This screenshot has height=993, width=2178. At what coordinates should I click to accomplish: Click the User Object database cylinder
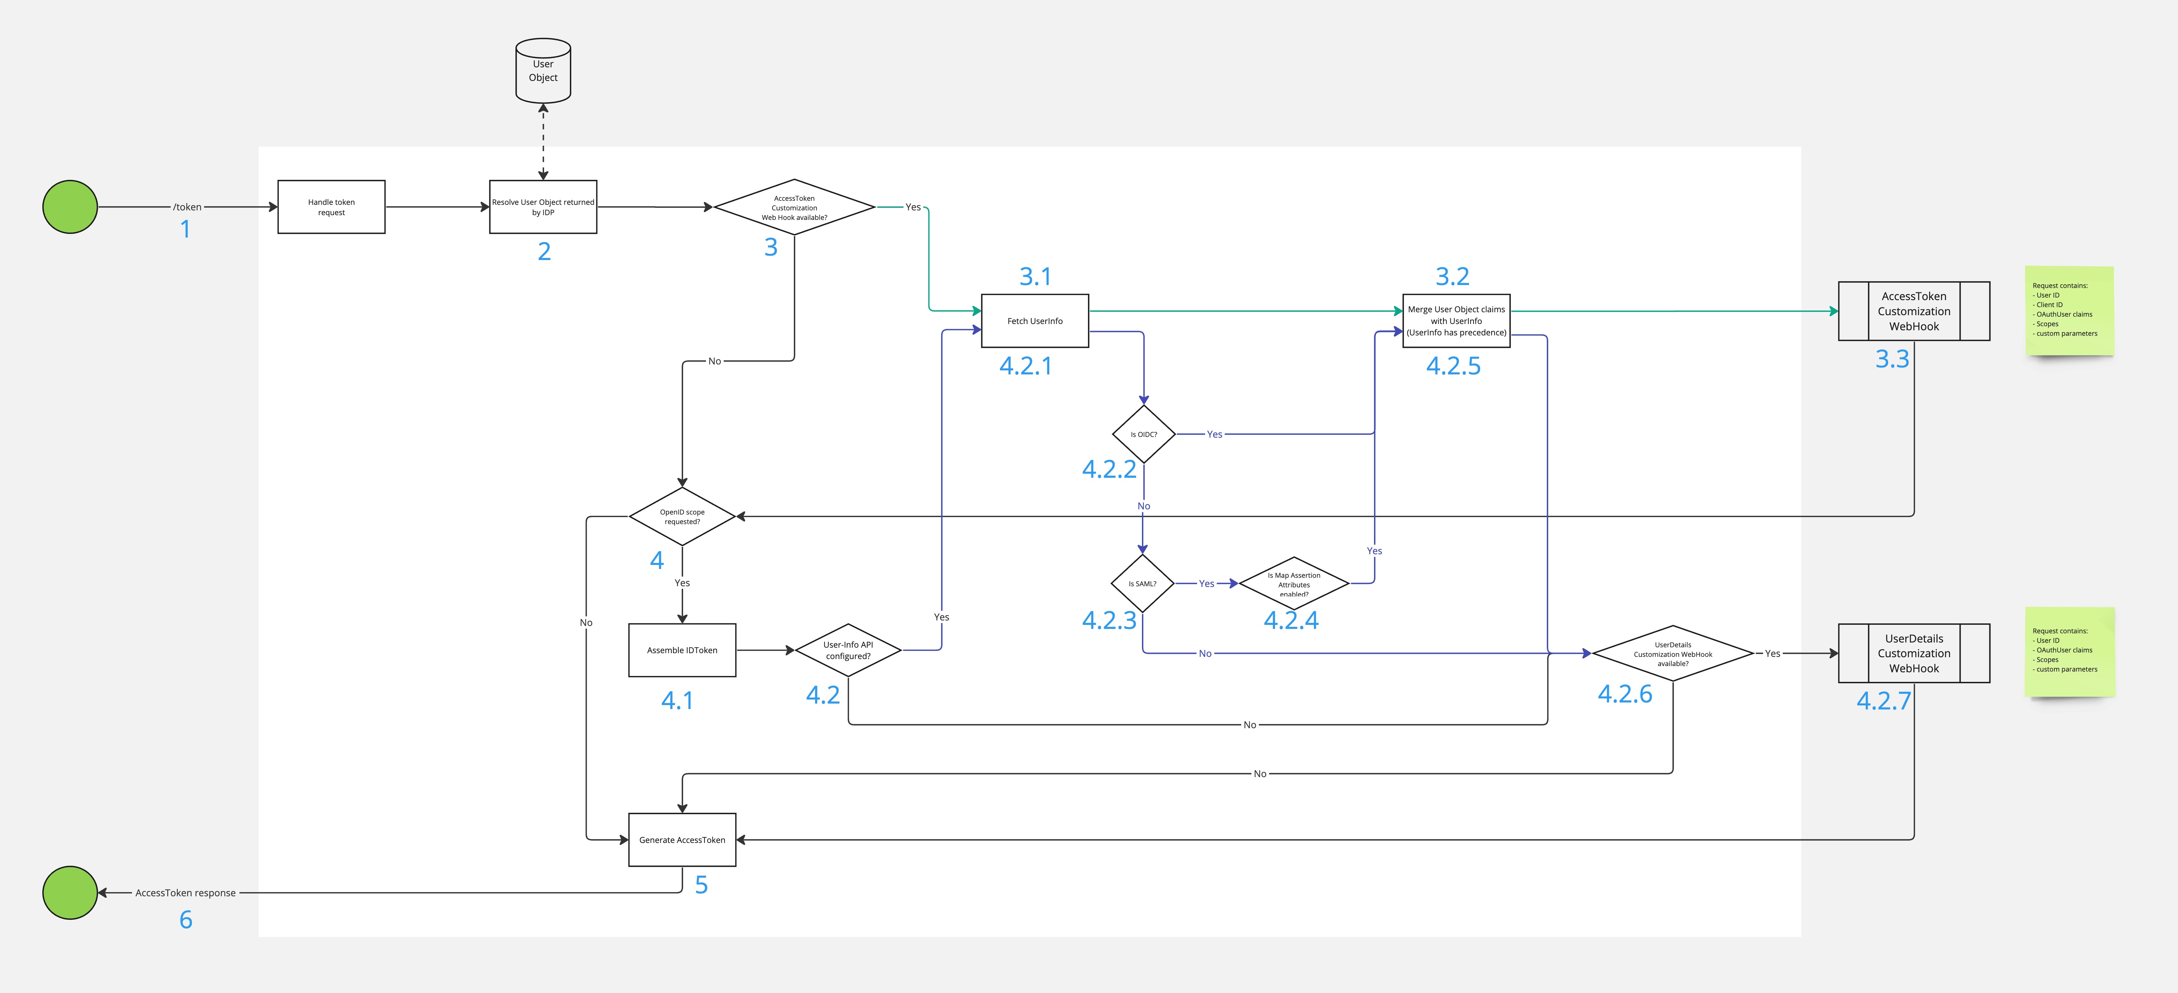pos(543,71)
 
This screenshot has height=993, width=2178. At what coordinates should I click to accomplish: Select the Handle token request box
pos(331,207)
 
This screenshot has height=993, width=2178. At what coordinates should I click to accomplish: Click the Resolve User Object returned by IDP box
pos(543,207)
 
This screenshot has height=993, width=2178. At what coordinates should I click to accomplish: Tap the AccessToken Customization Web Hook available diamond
pos(794,207)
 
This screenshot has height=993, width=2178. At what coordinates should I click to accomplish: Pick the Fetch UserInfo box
pos(1034,321)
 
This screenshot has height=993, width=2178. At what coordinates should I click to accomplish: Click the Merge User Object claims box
pos(1456,321)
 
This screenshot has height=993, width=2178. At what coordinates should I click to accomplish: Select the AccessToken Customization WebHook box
pos(1913,311)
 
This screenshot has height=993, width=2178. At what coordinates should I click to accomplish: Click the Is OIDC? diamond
pos(1143,434)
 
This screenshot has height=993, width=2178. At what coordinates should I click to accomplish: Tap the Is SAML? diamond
pos(1142,584)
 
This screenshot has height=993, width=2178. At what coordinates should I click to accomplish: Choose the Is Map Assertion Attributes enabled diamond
pos(1294,584)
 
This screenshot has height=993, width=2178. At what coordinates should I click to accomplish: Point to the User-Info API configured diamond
pos(848,651)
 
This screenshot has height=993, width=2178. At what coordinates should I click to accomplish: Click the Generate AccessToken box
pos(682,840)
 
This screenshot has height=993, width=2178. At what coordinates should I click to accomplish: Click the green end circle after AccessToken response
pos(70,892)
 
